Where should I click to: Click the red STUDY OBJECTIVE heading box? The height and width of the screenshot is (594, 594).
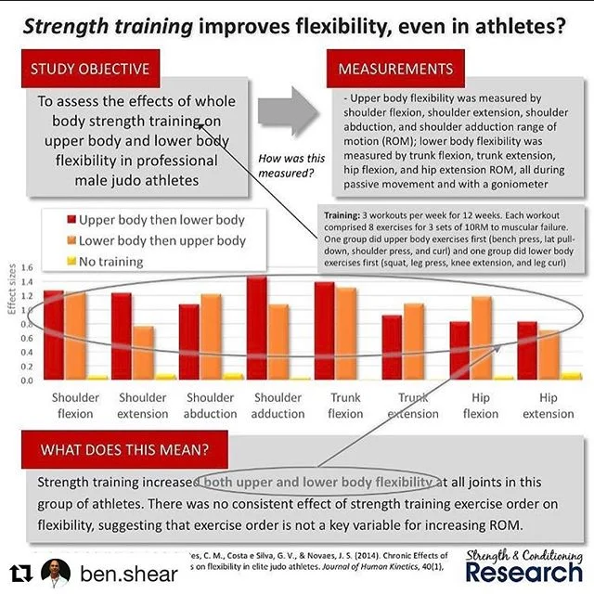[x=90, y=69]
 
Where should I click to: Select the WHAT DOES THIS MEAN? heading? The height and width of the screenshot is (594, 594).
[x=125, y=450]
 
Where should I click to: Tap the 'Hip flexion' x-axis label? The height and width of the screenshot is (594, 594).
[x=480, y=406]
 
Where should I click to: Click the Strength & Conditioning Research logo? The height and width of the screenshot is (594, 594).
[x=523, y=563]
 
